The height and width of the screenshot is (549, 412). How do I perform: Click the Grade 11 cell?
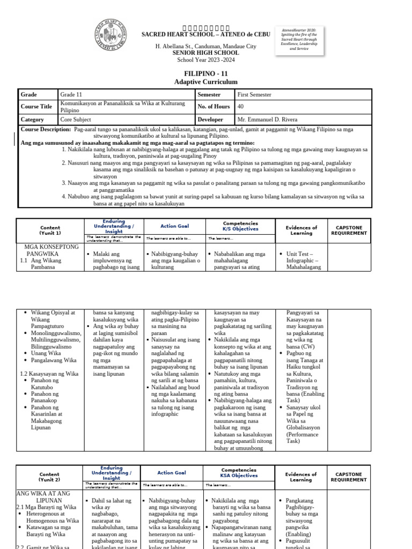point(71,94)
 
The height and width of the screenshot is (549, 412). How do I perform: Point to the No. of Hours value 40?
point(240,107)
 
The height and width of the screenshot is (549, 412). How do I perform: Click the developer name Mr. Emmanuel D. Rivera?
point(267,120)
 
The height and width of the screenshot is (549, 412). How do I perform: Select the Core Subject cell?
point(76,120)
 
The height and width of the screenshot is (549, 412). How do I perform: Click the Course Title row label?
point(36,107)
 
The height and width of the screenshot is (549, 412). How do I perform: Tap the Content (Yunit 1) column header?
point(50,231)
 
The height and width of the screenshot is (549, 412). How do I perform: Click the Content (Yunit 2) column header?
point(50,477)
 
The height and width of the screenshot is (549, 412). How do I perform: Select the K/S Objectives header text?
point(241,229)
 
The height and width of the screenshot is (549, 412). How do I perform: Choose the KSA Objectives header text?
point(238,476)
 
